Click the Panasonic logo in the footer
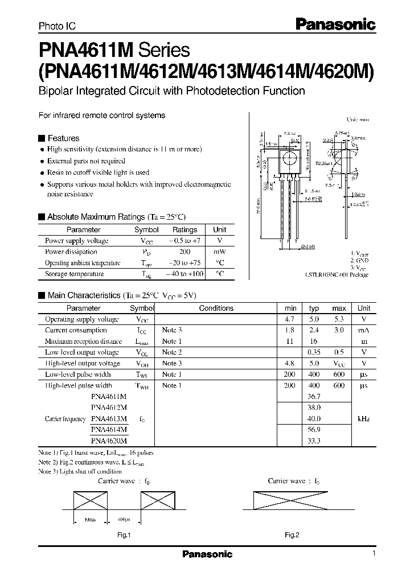tap(207, 554)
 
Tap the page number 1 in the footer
tap(373, 553)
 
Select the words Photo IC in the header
tap(57, 26)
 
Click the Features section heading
tap(63, 138)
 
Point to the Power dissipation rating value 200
tap(184, 252)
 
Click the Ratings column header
tap(184, 230)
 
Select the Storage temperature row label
tap(74, 274)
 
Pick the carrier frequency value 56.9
tap(314, 430)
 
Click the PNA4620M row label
tap(109, 441)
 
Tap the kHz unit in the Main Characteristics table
tap(364, 418)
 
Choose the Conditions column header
tap(216, 308)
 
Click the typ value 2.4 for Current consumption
tap(314, 330)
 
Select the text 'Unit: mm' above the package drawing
tap(358, 120)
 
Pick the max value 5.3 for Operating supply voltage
tap(339, 319)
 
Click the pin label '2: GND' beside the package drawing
tap(359, 260)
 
